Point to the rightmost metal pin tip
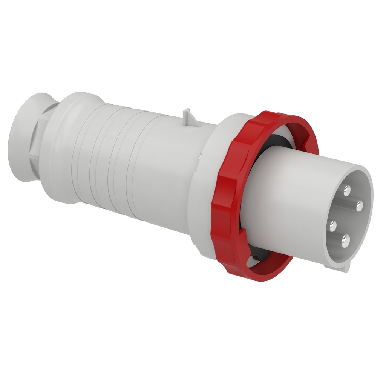click(359, 206)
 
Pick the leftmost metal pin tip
click(332, 226)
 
